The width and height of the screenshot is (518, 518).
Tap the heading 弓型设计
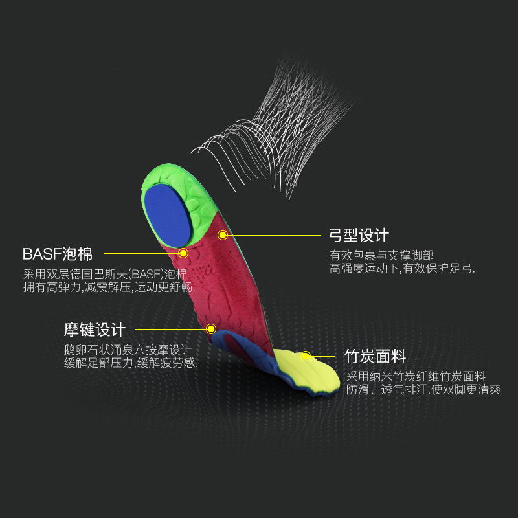point(359,234)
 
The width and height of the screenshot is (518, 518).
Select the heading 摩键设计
point(95,329)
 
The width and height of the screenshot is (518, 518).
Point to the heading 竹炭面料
point(376,356)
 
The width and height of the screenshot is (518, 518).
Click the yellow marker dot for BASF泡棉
point(183,253)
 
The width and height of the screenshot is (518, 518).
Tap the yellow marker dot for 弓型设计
point(223,235)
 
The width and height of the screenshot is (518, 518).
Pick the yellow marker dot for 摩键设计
point(210,329)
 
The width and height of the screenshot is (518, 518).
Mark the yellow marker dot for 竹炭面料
point(306,355)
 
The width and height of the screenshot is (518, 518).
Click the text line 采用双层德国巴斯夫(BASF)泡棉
point(106,273)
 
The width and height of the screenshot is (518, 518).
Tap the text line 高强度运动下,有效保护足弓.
point(402,268)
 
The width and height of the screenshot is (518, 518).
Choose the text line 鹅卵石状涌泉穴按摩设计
point(128,350)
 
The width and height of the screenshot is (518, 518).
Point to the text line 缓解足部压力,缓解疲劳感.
point(130,363)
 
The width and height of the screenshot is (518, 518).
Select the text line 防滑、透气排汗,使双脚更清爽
point(423,390)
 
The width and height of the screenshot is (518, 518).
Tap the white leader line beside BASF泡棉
point(139,253)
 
